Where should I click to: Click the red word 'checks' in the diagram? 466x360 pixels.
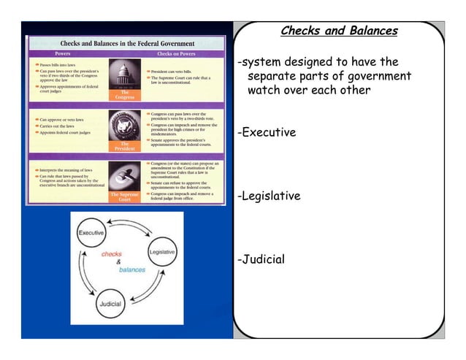111,254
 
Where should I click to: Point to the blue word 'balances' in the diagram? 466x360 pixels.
131,269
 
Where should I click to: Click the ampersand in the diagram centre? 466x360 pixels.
119,261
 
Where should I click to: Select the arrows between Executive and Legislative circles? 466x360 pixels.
130,232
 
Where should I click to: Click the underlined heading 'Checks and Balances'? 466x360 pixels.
339,31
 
